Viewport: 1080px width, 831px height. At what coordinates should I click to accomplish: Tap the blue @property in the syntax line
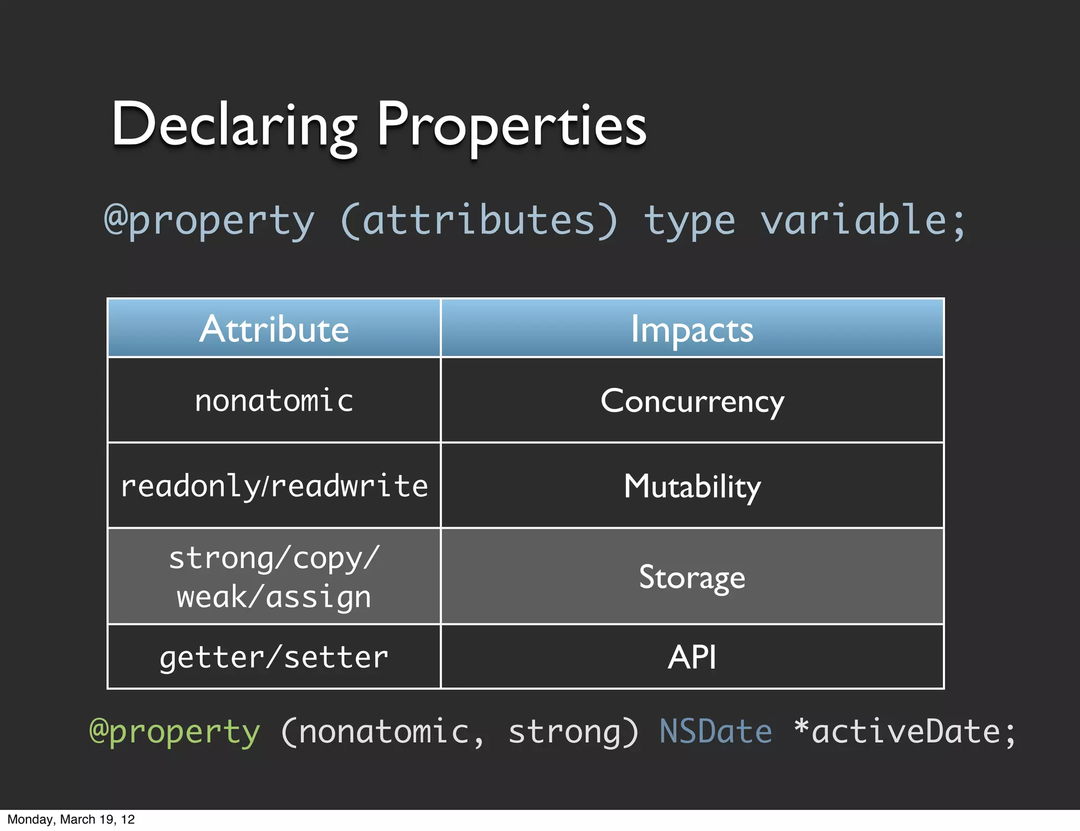(209, 220)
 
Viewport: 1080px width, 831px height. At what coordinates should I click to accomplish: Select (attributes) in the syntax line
(479, 220)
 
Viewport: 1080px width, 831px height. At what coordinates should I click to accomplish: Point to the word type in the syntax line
(689, 220)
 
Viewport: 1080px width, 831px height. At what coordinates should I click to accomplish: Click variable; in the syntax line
(863, 220)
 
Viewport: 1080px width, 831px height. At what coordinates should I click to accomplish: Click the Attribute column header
(274, 329)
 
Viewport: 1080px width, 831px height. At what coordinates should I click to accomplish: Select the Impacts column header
(692, 329)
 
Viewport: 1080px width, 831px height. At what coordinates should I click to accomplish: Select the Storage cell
(692, 577)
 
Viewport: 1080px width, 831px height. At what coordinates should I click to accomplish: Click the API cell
(692, 658)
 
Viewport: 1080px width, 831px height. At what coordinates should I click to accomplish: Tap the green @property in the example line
(175, 732)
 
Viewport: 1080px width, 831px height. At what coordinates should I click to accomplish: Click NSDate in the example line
(716, 732)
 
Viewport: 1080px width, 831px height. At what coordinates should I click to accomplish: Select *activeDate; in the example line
(905, 732)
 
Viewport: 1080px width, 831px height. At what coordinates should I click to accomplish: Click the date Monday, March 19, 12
(71, 819)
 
